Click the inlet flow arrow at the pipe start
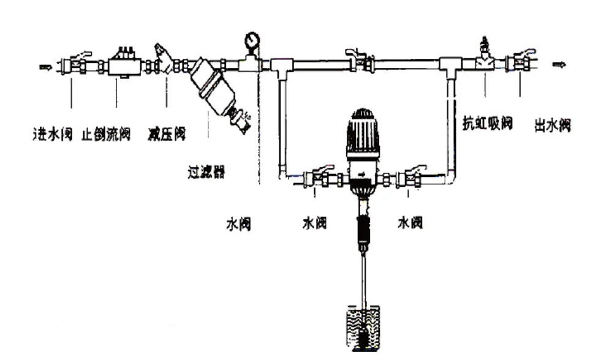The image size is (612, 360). [45, 66]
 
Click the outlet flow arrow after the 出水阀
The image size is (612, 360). [558, 64]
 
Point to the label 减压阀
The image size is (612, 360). [167, 133]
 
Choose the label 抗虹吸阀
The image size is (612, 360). [487, 124]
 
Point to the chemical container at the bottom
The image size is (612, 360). [363, 329]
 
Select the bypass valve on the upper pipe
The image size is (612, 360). [359, 61]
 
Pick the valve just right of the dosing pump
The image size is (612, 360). [409, 178]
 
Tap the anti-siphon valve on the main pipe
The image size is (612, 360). [486, 59]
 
